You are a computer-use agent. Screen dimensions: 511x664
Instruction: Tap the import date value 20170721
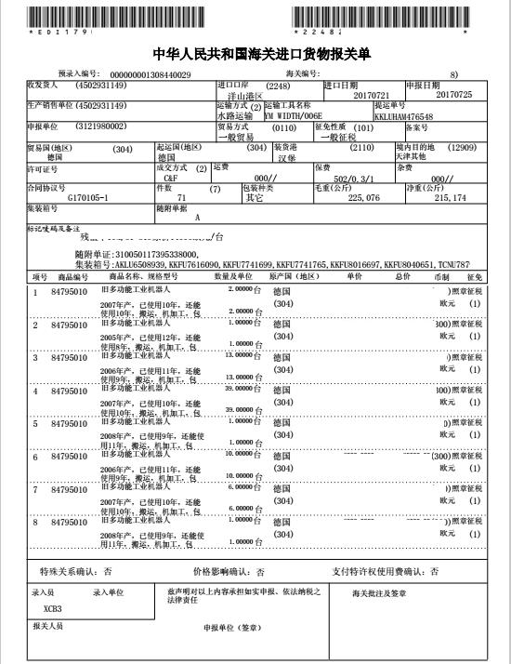[x=374, y=95]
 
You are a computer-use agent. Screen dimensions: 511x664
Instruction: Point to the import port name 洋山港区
[x=246, y=96]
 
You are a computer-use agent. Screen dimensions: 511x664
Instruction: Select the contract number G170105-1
[x=89, y=197]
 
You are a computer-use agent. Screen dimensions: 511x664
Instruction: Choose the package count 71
[x=181, y=197]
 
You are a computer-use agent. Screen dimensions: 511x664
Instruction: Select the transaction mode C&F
[x=170, y=177]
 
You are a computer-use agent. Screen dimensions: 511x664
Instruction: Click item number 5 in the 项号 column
[x=35, y=423]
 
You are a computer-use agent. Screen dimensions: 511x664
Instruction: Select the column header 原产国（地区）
[x=295, y=276]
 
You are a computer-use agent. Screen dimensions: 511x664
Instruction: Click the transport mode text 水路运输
[x=234, y=116]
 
